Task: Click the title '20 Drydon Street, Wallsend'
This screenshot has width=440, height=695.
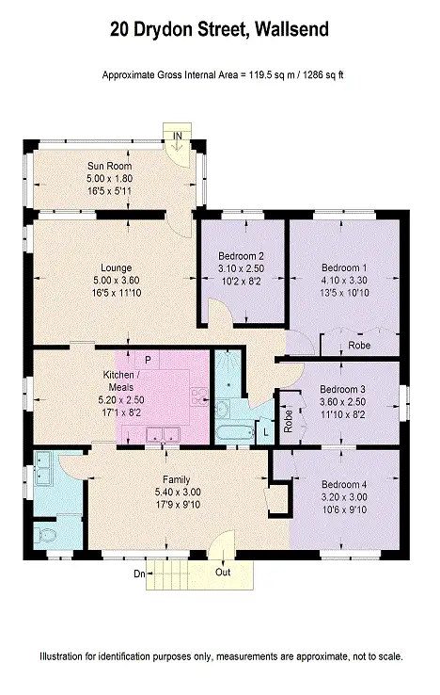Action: (x=219, y=30)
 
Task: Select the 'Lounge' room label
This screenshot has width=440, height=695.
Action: (x=116, y=267)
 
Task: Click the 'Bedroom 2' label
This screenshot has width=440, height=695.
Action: (x=240, y=255)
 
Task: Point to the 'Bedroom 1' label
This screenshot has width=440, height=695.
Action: (x=343, y=267)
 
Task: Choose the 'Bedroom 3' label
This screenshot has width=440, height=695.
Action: (x=342, y=389)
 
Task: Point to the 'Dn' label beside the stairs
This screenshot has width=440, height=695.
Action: (x=140, y=572)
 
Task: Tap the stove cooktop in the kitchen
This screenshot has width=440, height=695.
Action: (x=198, y=396)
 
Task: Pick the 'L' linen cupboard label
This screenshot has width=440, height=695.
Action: (x=266, y=430)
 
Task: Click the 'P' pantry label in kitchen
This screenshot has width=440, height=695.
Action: (x=147, y=359)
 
